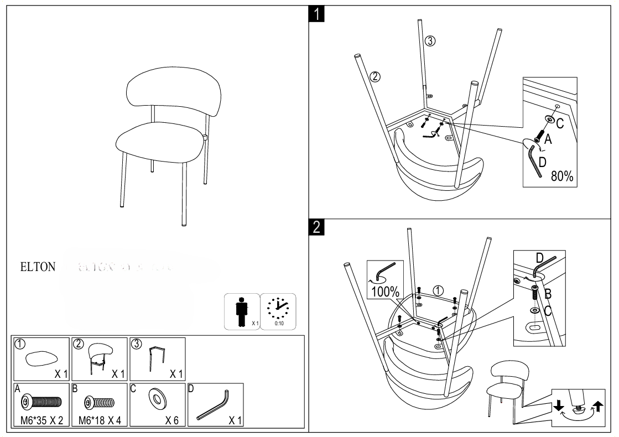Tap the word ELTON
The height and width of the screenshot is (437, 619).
click(37, 267)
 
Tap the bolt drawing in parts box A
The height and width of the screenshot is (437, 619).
click(40, 401)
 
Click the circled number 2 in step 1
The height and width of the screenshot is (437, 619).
click(375, 77)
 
